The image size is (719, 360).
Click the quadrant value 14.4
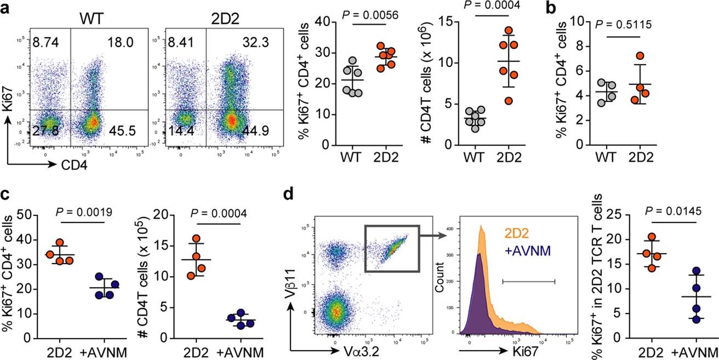(x=180, y=130)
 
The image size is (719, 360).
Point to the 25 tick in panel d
(x=620, y=214)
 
